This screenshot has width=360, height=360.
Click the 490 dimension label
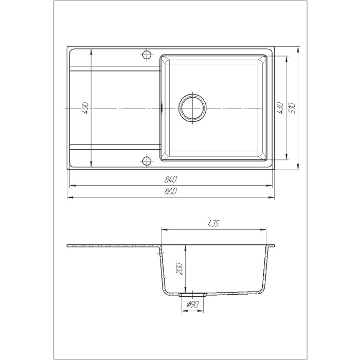pyautogui.click(x=86, y=108)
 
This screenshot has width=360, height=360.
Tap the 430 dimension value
pyautogui.click(x=280, y=108)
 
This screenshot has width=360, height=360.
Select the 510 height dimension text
pyautogui.click(x=292, y=108)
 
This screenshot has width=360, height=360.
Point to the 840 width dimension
pyautogui.click(x=171, y=179)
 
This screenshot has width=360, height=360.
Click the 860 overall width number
pyautogui.click(x=171, y=191)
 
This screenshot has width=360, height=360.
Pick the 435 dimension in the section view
pyautogui.click(x=213, y=223)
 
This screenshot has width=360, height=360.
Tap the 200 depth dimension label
pyautogui.click(x=179, y=269)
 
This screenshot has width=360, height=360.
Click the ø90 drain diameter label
pyautogui.click(x=192, y=304)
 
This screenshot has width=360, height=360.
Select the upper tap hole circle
pyautogui.click(x=147, y=55)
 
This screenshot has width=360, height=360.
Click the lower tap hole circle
pyautogui.click(x=147, y=160)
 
